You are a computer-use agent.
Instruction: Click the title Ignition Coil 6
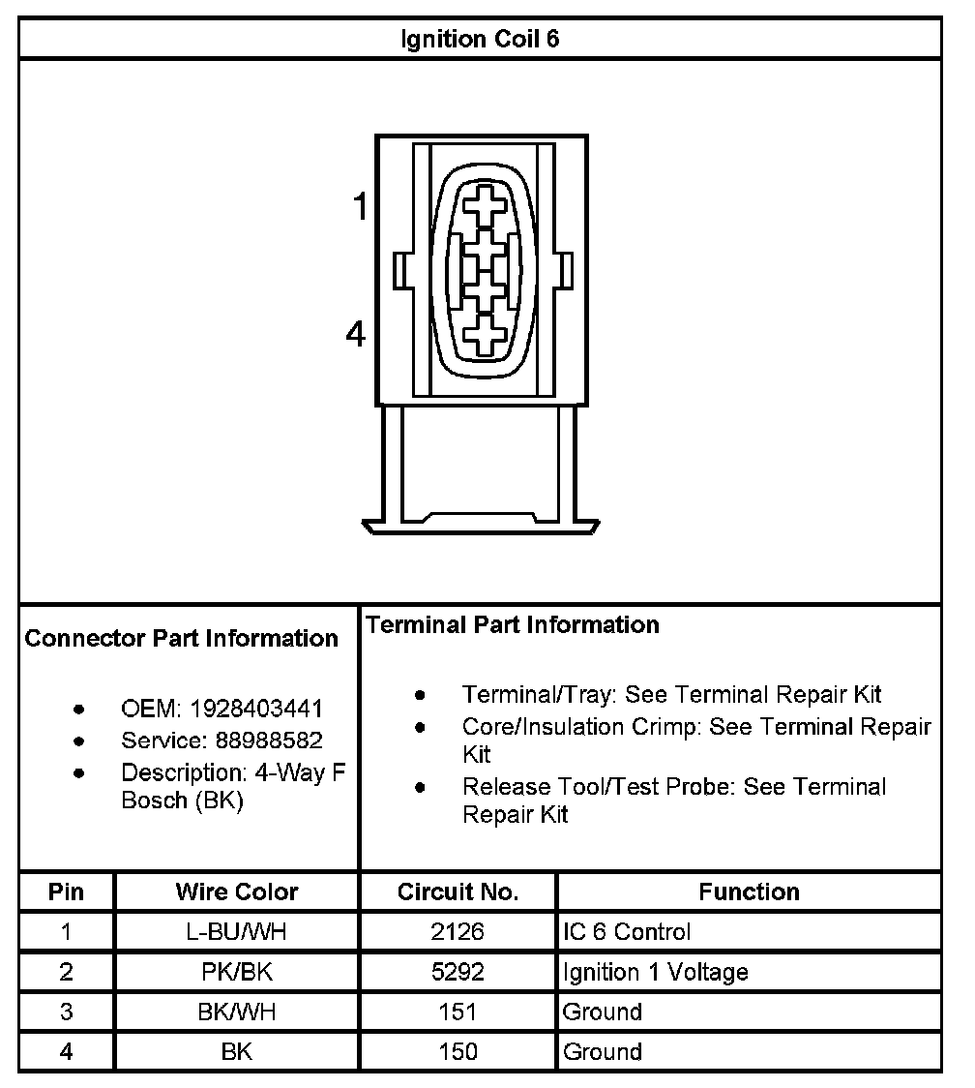pyautogui.click(x=480, y=40)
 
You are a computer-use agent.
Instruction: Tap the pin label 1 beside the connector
pyautogui.click(x=360, y=206)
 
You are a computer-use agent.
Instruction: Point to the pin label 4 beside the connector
pyautogui.click(x=357, y=335)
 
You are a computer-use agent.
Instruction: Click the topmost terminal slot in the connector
pyautogui.click(x=484, y=206)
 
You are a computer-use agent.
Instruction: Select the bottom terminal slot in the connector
pyautogui.click(x=484, y=336)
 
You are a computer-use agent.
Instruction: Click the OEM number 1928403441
pyautogui.click(x=256, y=709)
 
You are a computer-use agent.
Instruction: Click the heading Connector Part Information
pyautogui.click(x=182, y=639)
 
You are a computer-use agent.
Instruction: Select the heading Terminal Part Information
pyautogui.click(x=513, y=625)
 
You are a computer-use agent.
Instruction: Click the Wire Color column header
pyautogui.click(x=237, y=892)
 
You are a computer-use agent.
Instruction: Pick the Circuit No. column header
pyautogui.click(x=458, y=892)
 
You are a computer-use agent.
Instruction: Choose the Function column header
pyautogui.click(x=749, y=892)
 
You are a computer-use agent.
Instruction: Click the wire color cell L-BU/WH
pyautogui.click(x=237, y=932)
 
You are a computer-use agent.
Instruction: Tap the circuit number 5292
pyautogui.click(x=458, y=972)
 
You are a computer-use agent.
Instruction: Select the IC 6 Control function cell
pyautogui.click(x=627, y=932)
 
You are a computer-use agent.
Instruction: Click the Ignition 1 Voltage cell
pyautogui.click(x=655, y=972)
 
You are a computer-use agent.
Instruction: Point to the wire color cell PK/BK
pyautogui.click(x=237, y=972)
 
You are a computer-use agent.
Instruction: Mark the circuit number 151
pyautogui.click(x=458, y=1012)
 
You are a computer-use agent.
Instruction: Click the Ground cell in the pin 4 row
pyautogui.click(x=602, y=1051)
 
